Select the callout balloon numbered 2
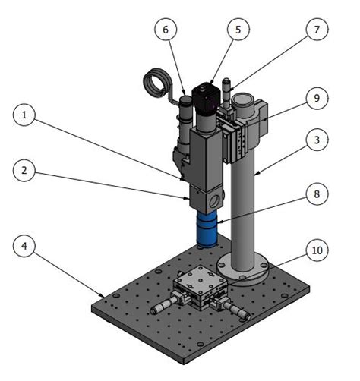pos(27,172)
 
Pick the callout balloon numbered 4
pos(27,247)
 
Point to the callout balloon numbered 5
pos(238,30)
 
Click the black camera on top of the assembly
pos(205,99)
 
